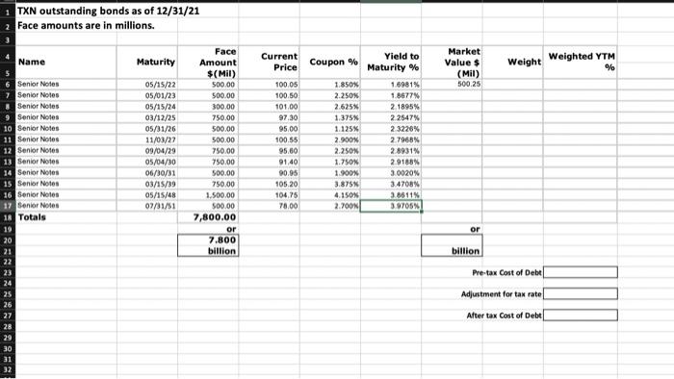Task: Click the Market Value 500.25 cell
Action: tap(470, 85)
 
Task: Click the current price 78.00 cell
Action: tap(285, 202)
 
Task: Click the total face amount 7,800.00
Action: tap(223, 216)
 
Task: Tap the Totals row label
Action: tap(34, 215)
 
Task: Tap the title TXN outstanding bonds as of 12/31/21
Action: tap(82, 8)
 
